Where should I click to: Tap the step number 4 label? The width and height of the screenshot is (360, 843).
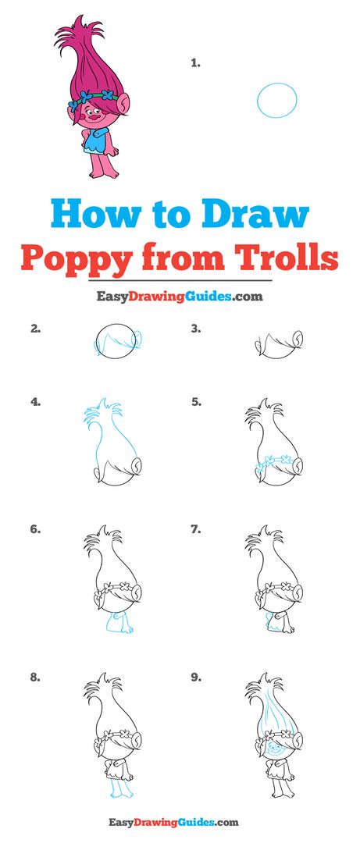(x=35, y=401)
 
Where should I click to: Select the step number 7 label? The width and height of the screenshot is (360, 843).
(x=196, y=529)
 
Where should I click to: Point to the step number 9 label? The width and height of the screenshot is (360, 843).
(x=196, y=678)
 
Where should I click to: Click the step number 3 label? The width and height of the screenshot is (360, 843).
(x=196, y=329)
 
